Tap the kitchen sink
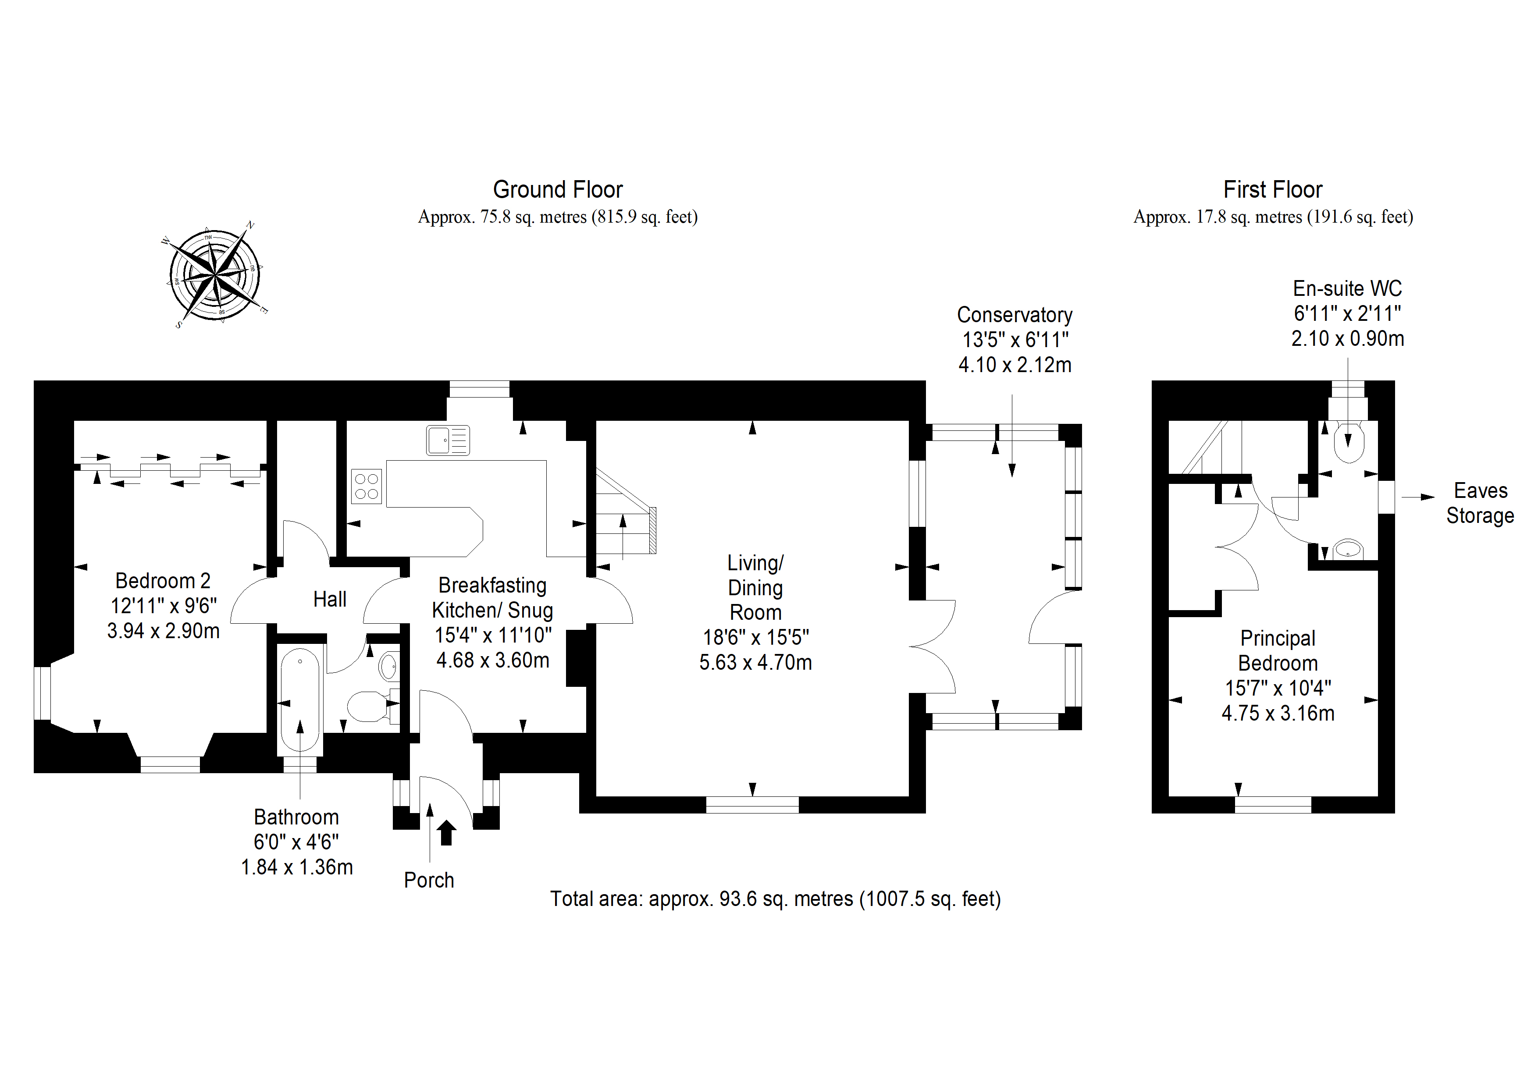[x=448, y=440]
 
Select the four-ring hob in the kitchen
[x=367, y=486]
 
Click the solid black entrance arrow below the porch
[x=447, y=833]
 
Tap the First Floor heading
[x=1273, y=189]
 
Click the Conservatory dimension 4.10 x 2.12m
[x=1015, y=365]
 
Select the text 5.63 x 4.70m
[x=755, y=662]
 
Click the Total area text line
[x=776, y=899]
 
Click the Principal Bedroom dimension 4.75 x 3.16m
[x=1278, y=713]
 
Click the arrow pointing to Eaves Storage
[x=1418, y=497]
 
